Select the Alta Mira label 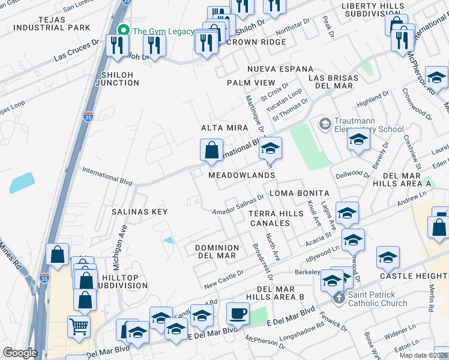click(x=221, y=128)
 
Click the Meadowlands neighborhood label click(x=241, y=175)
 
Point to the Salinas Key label click(x=139, y=212)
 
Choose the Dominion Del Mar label click(x=218, y=251)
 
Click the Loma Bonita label click(x=300, y=193)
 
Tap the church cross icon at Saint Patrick click(x=339, y=298)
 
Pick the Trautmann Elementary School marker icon click(x=325, y=124)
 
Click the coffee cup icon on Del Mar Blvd click(x=238, y=314)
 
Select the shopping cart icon click(x=79, y=327)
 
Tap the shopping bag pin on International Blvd click(x=211, y=151)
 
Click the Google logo click(x=20, y=353)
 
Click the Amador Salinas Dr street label click(x=239, y=205)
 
